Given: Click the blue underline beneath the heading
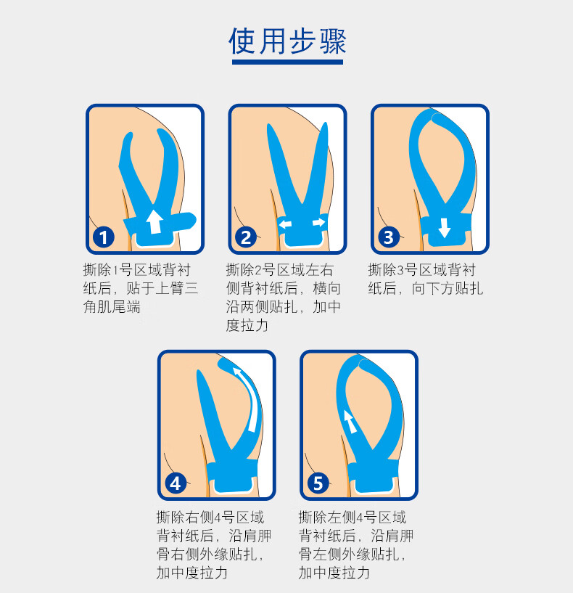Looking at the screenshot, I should click(287, 63).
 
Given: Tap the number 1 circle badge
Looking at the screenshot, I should click(104, 237).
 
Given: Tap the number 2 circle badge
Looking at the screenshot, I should click(246, 237).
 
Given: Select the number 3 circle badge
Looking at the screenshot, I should click(388, 237).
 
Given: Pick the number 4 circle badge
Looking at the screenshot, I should click(175, 483).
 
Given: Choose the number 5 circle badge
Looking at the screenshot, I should click(317, 483).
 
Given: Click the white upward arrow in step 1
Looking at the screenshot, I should click(154, 221).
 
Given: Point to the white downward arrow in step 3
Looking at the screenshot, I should click(445, 229).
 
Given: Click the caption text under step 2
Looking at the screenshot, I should click(283, 298).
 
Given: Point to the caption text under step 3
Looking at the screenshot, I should click(425, 279).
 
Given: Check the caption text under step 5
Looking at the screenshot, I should click(355, 544).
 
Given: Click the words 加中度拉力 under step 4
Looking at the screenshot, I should click(191, 573).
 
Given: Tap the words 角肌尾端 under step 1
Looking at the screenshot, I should click(112, 307).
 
